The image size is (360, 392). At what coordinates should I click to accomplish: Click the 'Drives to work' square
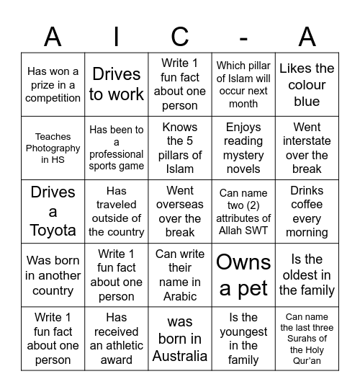117,84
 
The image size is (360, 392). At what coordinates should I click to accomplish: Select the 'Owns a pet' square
243,275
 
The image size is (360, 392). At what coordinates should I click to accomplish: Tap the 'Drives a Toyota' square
53,211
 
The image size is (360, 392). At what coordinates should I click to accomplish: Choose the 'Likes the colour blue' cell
307,84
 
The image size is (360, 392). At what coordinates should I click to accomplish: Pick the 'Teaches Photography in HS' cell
53,148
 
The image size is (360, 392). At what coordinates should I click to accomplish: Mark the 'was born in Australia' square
180,338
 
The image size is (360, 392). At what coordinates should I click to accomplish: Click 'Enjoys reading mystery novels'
243,148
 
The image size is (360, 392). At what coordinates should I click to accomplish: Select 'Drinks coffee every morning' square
307,211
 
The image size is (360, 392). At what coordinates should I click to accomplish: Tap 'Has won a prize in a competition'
53,84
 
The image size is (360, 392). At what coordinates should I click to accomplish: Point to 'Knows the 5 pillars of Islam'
180,148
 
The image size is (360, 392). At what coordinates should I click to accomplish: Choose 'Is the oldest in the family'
307,275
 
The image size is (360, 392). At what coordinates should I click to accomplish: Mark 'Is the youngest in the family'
243,338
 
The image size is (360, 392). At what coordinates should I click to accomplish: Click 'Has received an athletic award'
117,338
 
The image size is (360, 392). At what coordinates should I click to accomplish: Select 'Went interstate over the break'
307,148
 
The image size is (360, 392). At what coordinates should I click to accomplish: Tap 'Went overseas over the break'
180,211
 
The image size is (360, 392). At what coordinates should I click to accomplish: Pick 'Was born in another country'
53,275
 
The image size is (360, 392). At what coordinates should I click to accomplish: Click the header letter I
117,36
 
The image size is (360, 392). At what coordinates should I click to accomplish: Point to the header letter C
180,36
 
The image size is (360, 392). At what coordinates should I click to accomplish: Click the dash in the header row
243,36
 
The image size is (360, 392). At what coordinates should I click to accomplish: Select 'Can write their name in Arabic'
180,275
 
